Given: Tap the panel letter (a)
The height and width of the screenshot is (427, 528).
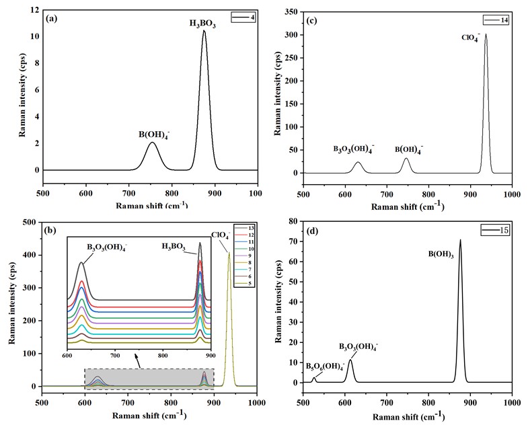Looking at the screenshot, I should pyautogui.click(x=50, y=18).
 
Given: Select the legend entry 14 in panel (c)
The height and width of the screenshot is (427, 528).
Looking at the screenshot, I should pyautogui.click(x=504, y=21).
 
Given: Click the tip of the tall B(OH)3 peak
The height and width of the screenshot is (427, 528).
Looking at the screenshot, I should pyautogui.click(x=460, y=240).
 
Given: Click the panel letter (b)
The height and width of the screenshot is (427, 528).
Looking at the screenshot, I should pyautogui.click(x=50, y=231).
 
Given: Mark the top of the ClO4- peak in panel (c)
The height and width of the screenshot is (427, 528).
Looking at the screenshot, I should pyautogui.click(x=486, y=34).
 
